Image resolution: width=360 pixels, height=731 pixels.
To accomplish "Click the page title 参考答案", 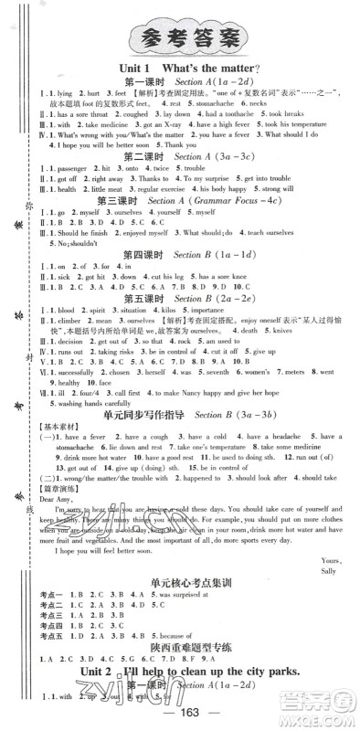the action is [183, 37].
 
